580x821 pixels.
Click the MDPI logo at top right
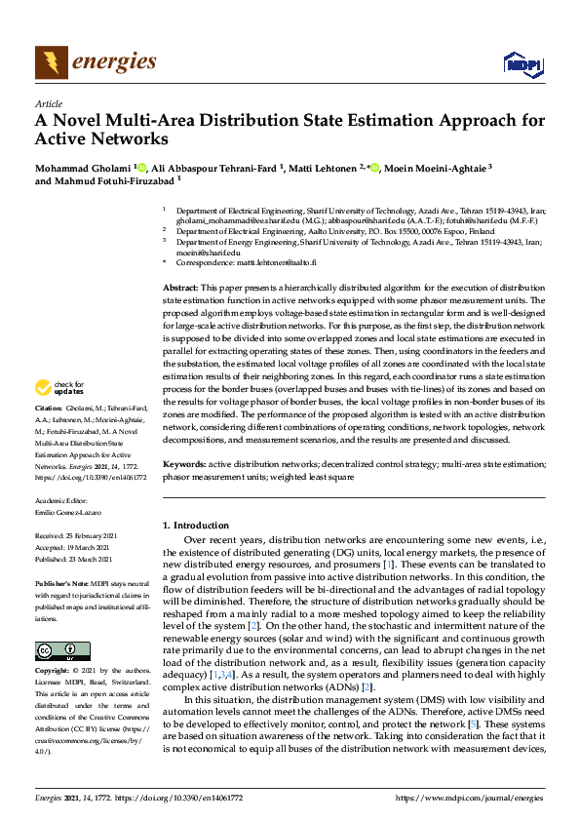(x=522, y=64)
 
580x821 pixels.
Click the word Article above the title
(x=48, y=103)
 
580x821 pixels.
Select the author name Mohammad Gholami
(x=82, y=168)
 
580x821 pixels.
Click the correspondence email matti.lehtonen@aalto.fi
(x=257, y=263)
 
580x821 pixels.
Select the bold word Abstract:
(x=180, y=291)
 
